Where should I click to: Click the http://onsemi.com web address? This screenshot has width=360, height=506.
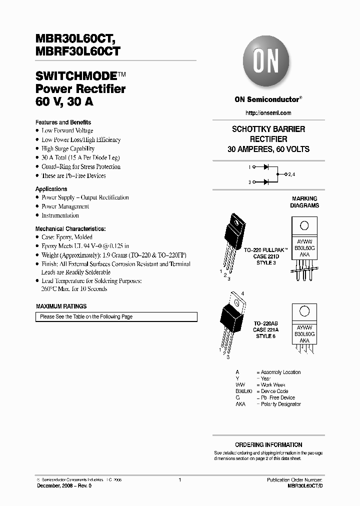(x=268, y=113)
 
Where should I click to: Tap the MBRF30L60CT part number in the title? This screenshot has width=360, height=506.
(x=77, y=50)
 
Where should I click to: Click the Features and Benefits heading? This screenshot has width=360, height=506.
(x=63, y=122)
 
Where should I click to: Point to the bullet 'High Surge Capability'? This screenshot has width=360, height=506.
(x=68, y=148)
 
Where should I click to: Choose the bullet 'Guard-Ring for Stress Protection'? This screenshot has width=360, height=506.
(x=81, y=166)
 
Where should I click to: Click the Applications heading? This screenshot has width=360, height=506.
(x=51, y=189)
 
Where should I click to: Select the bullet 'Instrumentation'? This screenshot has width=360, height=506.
(x=60, y=215)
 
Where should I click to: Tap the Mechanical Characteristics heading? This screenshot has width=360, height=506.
(x=70, y=228)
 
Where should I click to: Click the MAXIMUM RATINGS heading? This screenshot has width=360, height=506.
(x=61, y=306)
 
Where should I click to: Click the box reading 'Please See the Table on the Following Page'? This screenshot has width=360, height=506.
(x=116, y=316)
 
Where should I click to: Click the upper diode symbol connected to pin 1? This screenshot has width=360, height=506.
(x=266, y=166)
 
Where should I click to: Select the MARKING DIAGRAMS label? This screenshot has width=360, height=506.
(x=304, y=202)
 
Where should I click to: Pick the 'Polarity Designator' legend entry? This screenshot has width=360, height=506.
(x=280, y=404)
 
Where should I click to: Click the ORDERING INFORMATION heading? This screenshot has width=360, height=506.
(x=268, y=444)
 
